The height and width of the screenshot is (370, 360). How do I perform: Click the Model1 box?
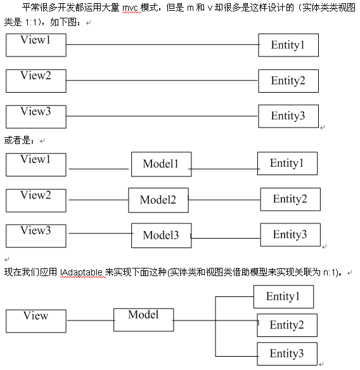(x=162, y=164)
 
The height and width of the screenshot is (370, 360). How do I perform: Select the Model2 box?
(x=158, y=200)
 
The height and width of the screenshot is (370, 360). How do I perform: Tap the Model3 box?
(x=162, y=235)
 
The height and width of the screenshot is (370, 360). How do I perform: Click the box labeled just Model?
(x=144, y=320)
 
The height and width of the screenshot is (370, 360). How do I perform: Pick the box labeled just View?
(x=36, y=321)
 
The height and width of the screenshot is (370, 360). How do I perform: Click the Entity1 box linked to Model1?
(x=288, y=164)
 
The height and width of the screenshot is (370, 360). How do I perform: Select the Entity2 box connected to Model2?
(x=290, y=199)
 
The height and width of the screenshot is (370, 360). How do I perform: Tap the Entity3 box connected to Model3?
(x=290, y=235)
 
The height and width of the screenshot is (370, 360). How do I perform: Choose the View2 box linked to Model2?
(x=36, y=201)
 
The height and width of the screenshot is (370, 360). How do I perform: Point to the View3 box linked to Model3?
(x=36, y=236)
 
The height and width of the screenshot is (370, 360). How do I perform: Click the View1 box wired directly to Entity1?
(x=36, y=45)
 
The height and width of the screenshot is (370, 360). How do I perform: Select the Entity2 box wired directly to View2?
(x=288, y=81)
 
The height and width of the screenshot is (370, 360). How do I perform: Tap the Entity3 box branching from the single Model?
(x=287, y=354)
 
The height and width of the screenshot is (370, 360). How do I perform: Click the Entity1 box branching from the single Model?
(x=283, y=297)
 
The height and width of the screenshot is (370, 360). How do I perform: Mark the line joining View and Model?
(x=91, y=320)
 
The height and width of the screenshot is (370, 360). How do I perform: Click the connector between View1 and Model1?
(x=99, y=169)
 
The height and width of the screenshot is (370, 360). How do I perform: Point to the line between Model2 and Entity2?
(x=224, y=200)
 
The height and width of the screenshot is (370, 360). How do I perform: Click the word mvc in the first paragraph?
(x=131, y=8)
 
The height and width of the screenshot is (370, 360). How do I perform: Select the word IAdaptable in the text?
(x=81, y=272)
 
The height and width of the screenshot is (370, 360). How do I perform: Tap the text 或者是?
(x=17, y=141)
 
